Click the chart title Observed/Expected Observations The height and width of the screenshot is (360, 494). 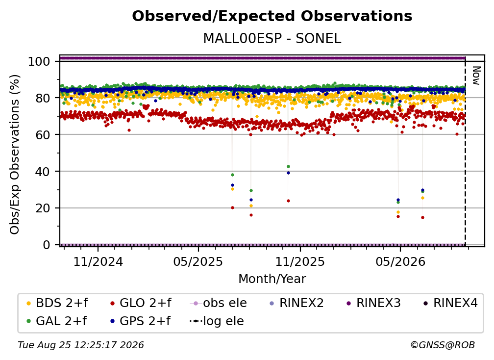[x=272, y=16]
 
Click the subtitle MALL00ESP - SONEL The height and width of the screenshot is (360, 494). [x=272, y=39]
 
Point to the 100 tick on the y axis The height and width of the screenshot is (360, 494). [x=39, y=61]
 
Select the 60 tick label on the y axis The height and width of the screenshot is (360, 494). [x=43, y=135]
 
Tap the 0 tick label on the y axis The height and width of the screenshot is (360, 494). [x=47, y=245]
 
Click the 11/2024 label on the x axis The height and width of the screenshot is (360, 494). [x=98, y=261]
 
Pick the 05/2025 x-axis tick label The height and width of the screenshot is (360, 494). [x=198, y=261]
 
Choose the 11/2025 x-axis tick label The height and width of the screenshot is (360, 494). [x=300, y=261]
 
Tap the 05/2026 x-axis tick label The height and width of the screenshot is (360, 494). [x=400, y=261]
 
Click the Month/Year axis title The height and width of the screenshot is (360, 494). [x=272, y=279]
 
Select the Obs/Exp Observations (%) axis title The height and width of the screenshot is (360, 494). [x=15, y=154]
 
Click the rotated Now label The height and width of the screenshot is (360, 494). [x=476, y=76]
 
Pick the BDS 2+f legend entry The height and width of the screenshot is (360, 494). [x=57, y=303]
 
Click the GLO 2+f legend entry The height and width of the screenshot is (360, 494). [x=141, y=303]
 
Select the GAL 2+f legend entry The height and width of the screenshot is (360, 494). [x=56, y=321]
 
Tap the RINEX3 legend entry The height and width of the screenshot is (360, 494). [x=373, y=303]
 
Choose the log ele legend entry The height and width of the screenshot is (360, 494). [x=217, y=321]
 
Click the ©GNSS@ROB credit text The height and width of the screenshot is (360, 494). [x=443, y=345]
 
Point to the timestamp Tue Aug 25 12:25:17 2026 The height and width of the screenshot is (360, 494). [x=81, y=345]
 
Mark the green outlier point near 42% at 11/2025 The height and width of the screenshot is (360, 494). [x=288, y=166]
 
